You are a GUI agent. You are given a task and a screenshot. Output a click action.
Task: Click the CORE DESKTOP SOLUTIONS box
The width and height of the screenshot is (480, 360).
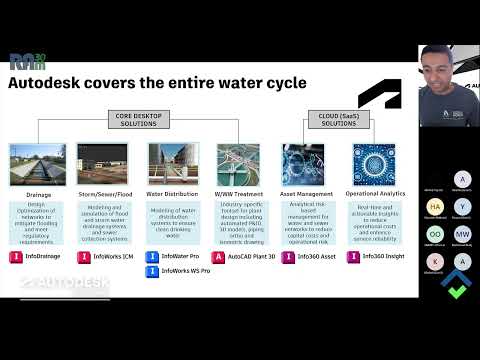point(151,119)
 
